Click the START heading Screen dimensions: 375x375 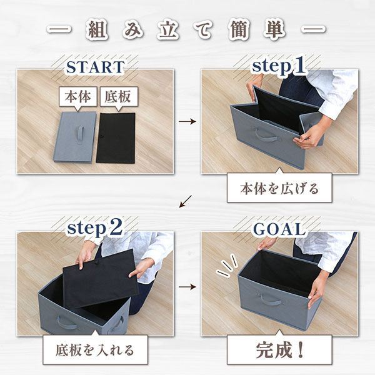pos(95,66)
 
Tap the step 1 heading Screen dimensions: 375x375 pos(279,66)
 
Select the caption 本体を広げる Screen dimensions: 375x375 pos(279,187)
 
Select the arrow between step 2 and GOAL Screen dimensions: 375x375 pos(187,287)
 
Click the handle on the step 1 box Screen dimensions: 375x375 pos(265,134)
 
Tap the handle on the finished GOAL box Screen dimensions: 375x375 pos(271,300)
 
